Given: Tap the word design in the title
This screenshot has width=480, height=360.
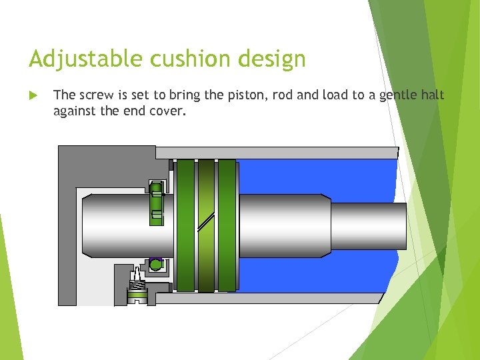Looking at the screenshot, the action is [274, 59].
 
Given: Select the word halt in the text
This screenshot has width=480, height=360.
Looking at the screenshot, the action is [433, 95].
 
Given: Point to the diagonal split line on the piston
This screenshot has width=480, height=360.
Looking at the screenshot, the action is [207, 225].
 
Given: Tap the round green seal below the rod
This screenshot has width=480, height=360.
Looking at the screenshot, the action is [155, 265].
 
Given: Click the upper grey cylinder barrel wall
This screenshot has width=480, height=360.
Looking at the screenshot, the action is [277, 153].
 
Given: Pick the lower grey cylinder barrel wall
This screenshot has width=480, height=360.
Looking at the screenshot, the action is [277, 299].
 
